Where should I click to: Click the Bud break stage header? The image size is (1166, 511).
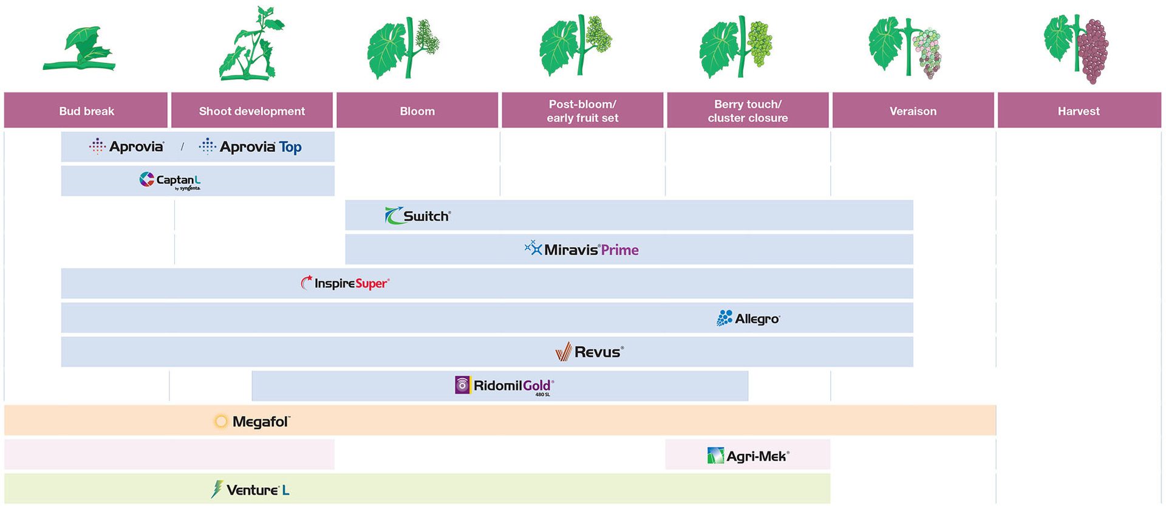click(86, 111)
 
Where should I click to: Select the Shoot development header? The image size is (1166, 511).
click(252, 111)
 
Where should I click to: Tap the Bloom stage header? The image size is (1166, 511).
click(417, 111)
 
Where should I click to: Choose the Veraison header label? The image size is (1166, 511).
click(913, 111)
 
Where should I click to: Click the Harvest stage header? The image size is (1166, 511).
click(1079, 111)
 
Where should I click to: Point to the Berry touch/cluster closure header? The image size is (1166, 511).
click(748, 111)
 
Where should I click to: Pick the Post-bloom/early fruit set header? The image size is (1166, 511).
click(582, 111)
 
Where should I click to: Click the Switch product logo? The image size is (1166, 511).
click(418, 216)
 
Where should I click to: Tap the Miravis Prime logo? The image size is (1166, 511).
click(582, 249)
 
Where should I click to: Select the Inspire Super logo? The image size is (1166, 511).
click(345, 283)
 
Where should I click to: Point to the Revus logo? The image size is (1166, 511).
click(589, 352)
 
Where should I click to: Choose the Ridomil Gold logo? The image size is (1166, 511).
click(504, 385)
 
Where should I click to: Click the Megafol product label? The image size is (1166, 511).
click(253, 421)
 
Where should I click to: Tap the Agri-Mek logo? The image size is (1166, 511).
click(748, 456)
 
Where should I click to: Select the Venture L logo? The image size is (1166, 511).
click(250, 490)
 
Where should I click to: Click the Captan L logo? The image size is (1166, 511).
click(170, 180)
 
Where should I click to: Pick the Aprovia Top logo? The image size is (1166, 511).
click(250, 146)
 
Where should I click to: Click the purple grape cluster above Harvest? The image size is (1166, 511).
click(1093, 51)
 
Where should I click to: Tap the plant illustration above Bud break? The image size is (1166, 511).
click(80, 50)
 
